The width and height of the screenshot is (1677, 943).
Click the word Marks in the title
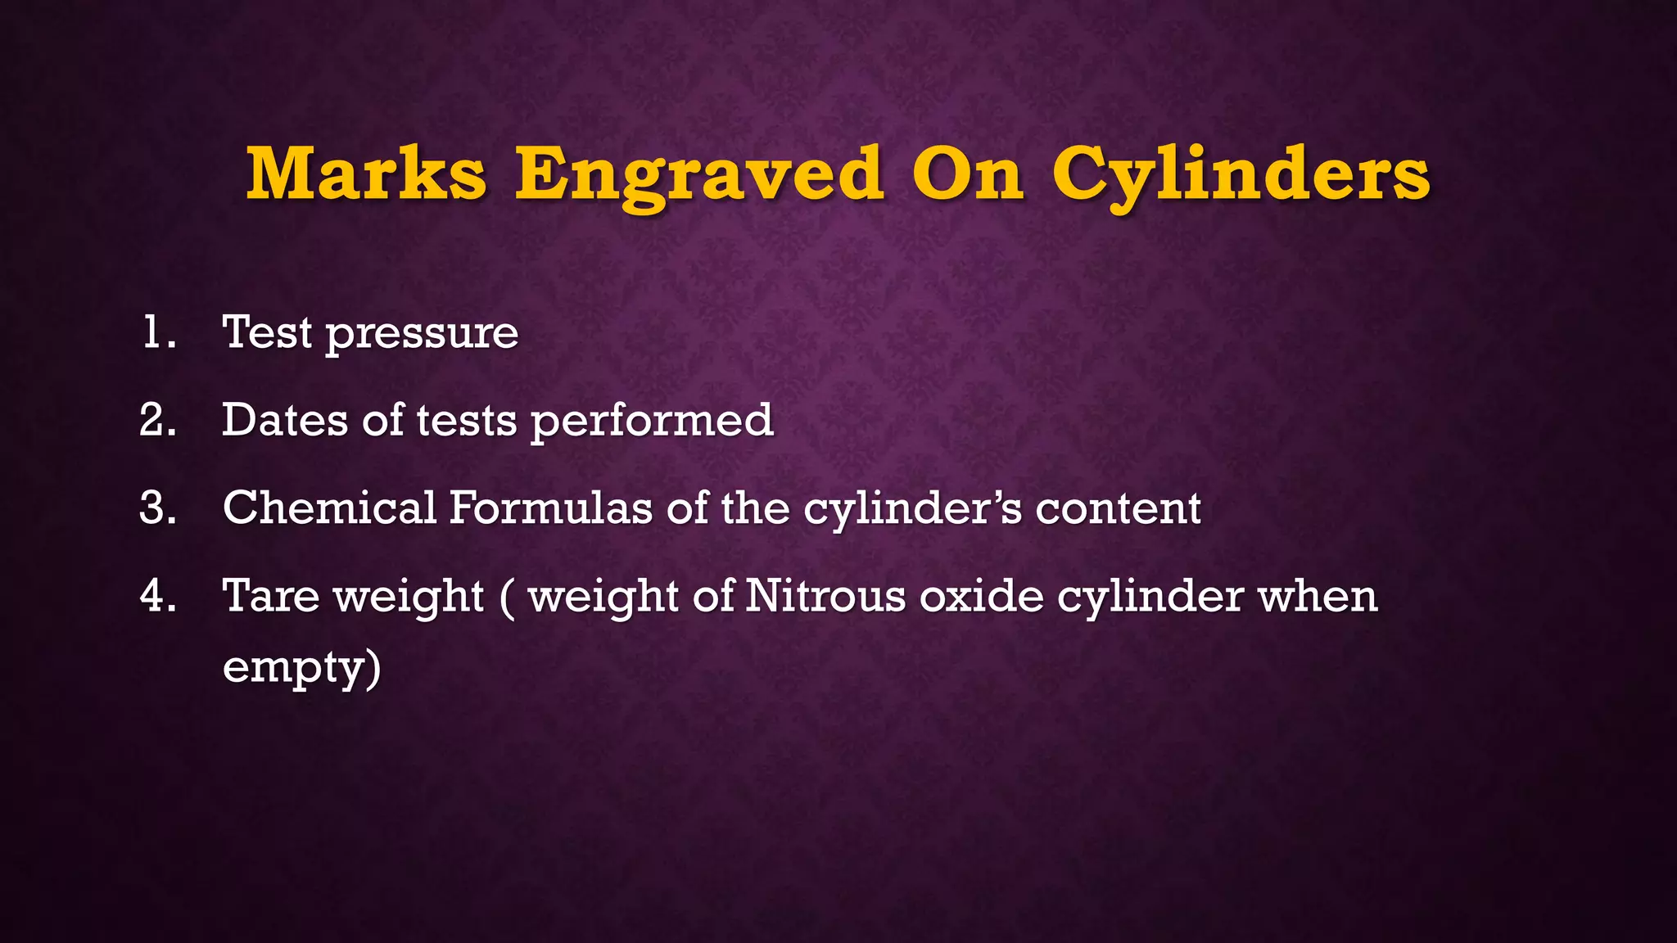(367, 174)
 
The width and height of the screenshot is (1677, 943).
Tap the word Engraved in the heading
(699, 175)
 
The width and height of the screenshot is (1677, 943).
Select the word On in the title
(968, 174)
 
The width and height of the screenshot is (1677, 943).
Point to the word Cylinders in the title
(1241, 175)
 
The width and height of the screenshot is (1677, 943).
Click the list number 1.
(157, 333)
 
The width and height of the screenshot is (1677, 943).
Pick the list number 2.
(157, 421)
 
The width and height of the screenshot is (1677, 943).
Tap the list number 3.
(157, 508)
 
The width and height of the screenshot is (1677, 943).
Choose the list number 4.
(157, 596)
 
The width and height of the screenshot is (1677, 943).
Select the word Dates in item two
(285, 421)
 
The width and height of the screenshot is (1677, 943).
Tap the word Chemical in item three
(329, 508)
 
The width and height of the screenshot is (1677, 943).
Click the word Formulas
(551, 508)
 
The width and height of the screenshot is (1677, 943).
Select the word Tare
(271, 596)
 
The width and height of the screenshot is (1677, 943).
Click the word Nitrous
(825, 596)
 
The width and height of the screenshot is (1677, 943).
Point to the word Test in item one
(267, 333)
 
